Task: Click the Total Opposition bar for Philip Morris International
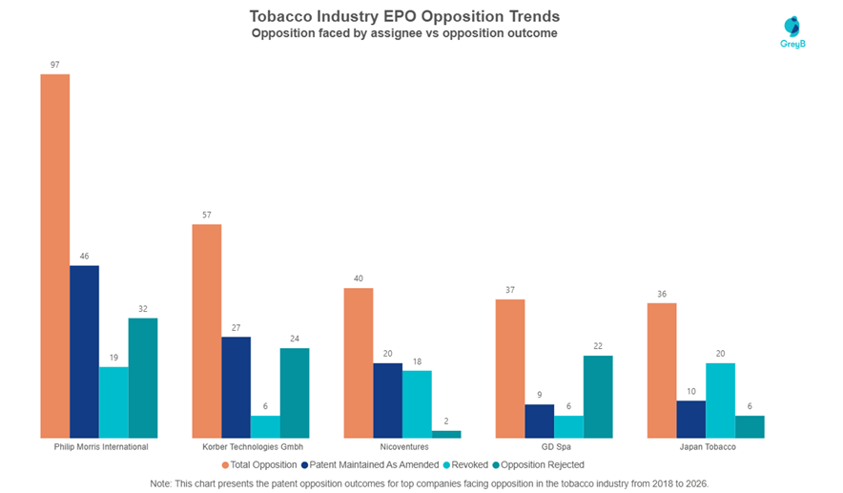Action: pyautogui.click(x=55, y=256)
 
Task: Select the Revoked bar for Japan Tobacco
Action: pyautogui.click(x=720, y=401)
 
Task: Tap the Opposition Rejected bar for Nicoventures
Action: pyautogui.click(x=446, y=435)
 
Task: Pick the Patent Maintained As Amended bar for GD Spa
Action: pyautogui.click(x=539, y=421)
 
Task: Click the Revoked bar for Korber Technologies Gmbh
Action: pyautogui.click(x=265, y=427)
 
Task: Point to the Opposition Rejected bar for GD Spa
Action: pyautogui.click(x=598, y=397)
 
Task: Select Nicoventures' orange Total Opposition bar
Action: pyautogui.click(x=358, y=363)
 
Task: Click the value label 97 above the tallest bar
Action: pyautogui.click(x=55, y=65)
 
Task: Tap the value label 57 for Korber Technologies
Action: pyautogui.click(x=207, y=216)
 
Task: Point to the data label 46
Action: pyautogui.click(x=85, y=257)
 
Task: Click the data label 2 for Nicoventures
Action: pyautogui.click(x=446, y=421)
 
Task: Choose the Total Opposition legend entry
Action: pyautogui.click(x=259, y=465)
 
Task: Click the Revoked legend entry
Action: pyautogui.click(x=465, y=465)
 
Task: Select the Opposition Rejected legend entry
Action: pyautogui.click(x=538, y=465)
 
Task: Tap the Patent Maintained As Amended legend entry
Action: pyautogui.click(x=370, y=465)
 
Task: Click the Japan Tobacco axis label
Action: pyautogui.click(x=708, y=447)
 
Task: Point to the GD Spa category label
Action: pyautogui.click(x=556, y=447)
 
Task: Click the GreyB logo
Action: pyautogui.click(x=792, y=32)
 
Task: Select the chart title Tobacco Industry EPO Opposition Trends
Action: pyautogui.click(x=404, y=16)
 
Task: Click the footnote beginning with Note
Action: pyautogui.click(x=429, y=483)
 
